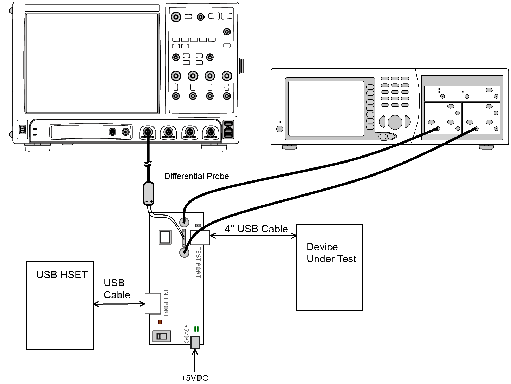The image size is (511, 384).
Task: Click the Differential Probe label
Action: coord(196,176)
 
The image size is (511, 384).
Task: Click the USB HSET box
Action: coord(60,305)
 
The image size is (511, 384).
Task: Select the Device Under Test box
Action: coord(330,267)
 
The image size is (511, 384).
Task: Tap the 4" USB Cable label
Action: coord(256,229)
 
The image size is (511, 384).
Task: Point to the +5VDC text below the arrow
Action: coord(194,378)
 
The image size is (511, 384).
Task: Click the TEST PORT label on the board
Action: coord(198,263)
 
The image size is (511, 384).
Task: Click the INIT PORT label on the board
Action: coord(166,304)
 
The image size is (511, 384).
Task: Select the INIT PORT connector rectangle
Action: coord(153,304)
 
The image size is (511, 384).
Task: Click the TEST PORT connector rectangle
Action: coord(200,238)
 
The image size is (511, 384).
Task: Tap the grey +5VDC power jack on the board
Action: coord(195,342)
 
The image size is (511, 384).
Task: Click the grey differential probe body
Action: coord(149,193)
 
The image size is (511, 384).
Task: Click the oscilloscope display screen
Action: coord(92,64)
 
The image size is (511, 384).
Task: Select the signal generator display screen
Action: coord(326,108)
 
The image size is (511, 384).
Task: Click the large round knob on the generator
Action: coord(395,122)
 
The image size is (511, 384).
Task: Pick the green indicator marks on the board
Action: coord(196,329)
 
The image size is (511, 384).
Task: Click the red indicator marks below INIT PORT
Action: coord(160,322)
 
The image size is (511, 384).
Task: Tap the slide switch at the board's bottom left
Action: coord(162,336)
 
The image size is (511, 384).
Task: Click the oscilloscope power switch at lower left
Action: coord(22,130)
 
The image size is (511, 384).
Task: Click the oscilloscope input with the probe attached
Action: coord(148,132)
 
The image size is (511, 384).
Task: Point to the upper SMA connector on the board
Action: coord(184,222)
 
